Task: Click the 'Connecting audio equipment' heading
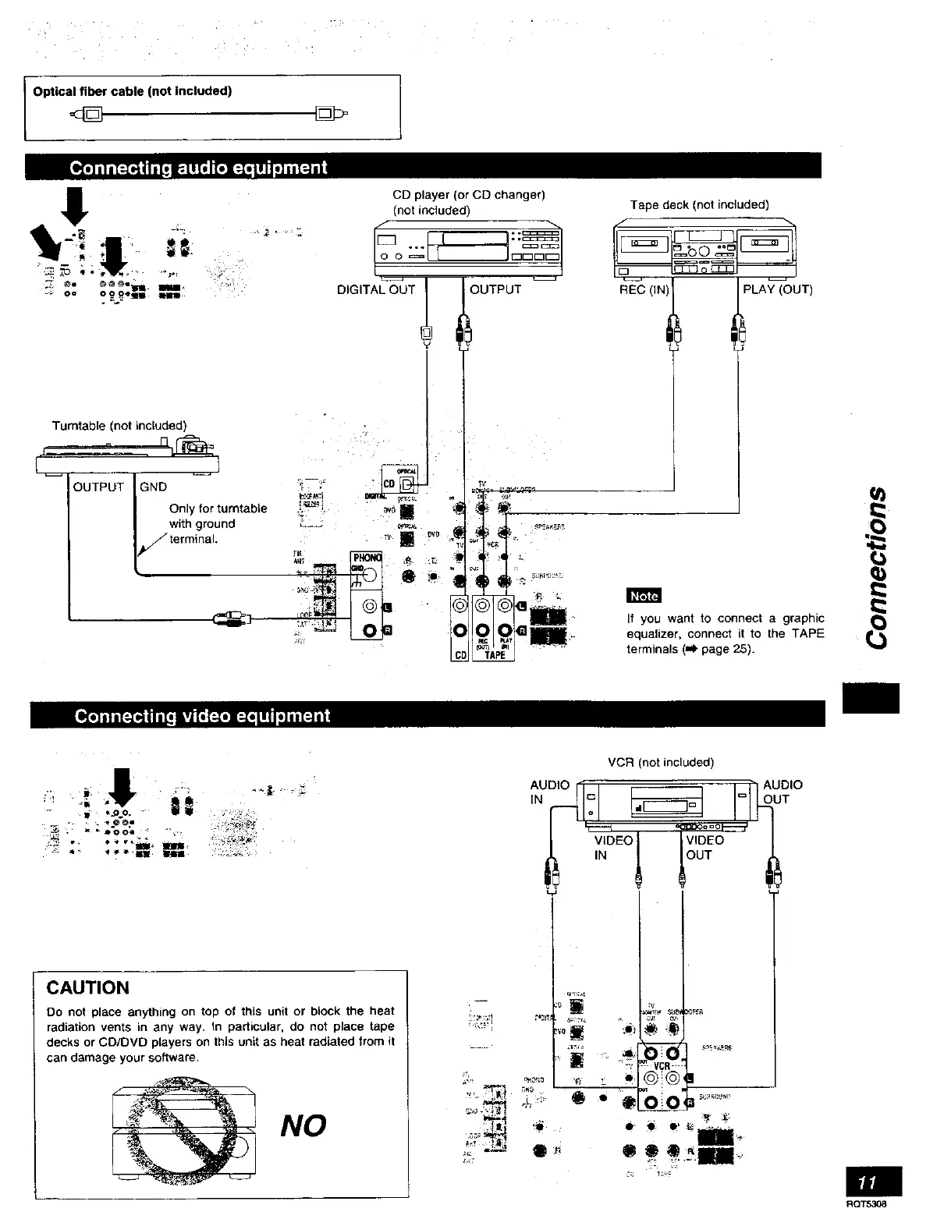click(x=198, y=168)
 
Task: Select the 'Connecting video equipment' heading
click(x=201, y=716)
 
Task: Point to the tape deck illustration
click(x=705, y=247)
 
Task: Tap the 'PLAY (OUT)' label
click(x=778, y=290)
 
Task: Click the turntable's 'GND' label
click(x=153, y=487)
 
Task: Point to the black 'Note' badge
click(x=644, y=597)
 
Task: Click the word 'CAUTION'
click(x=88, y=988)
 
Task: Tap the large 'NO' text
click(x=303, y=1125)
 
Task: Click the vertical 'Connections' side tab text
click(x=878, y=567)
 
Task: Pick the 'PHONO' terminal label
click(x=367, y=558)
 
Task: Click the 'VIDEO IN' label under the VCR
click(x=612, y=848)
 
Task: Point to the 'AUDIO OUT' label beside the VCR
click(x=782, y=792)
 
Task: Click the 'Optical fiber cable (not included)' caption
click(x=133, y=91)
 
